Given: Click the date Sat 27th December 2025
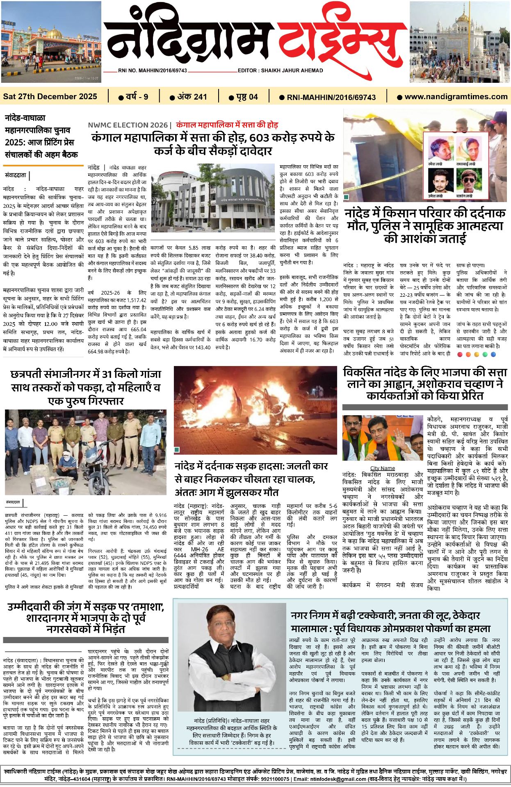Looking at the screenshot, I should click(x=50, y=97).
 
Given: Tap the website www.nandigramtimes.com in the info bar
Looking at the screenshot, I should click(x=456, y=97).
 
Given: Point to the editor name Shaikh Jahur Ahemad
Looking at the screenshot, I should click(x=292, y=71).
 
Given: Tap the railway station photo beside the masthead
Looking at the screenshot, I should click(x=51, y=42).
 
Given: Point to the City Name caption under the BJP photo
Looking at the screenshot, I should click(x=382, y=468).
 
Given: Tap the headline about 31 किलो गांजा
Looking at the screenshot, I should click(x=86, y=387).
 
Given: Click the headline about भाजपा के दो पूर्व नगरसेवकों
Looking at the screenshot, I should click(x=86, y=618).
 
